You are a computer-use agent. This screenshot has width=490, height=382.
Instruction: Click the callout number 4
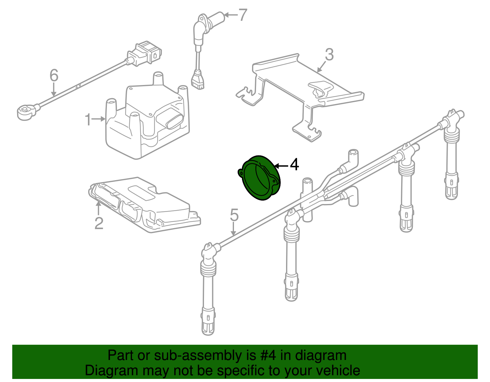tap(294, 165)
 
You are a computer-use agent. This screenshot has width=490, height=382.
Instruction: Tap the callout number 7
tap(243, 15)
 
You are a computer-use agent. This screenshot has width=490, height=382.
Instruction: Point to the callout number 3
tap(329, 55)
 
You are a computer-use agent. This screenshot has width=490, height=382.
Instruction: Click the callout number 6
tap(54, 75)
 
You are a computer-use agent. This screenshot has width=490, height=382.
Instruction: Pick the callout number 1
tap(88, 120)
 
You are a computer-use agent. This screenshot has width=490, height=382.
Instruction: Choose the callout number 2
tap(99, 223)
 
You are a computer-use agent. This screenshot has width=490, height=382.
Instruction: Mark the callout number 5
tap(234, 215)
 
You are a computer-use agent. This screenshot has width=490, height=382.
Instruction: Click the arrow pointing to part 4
tap(281, 166)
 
